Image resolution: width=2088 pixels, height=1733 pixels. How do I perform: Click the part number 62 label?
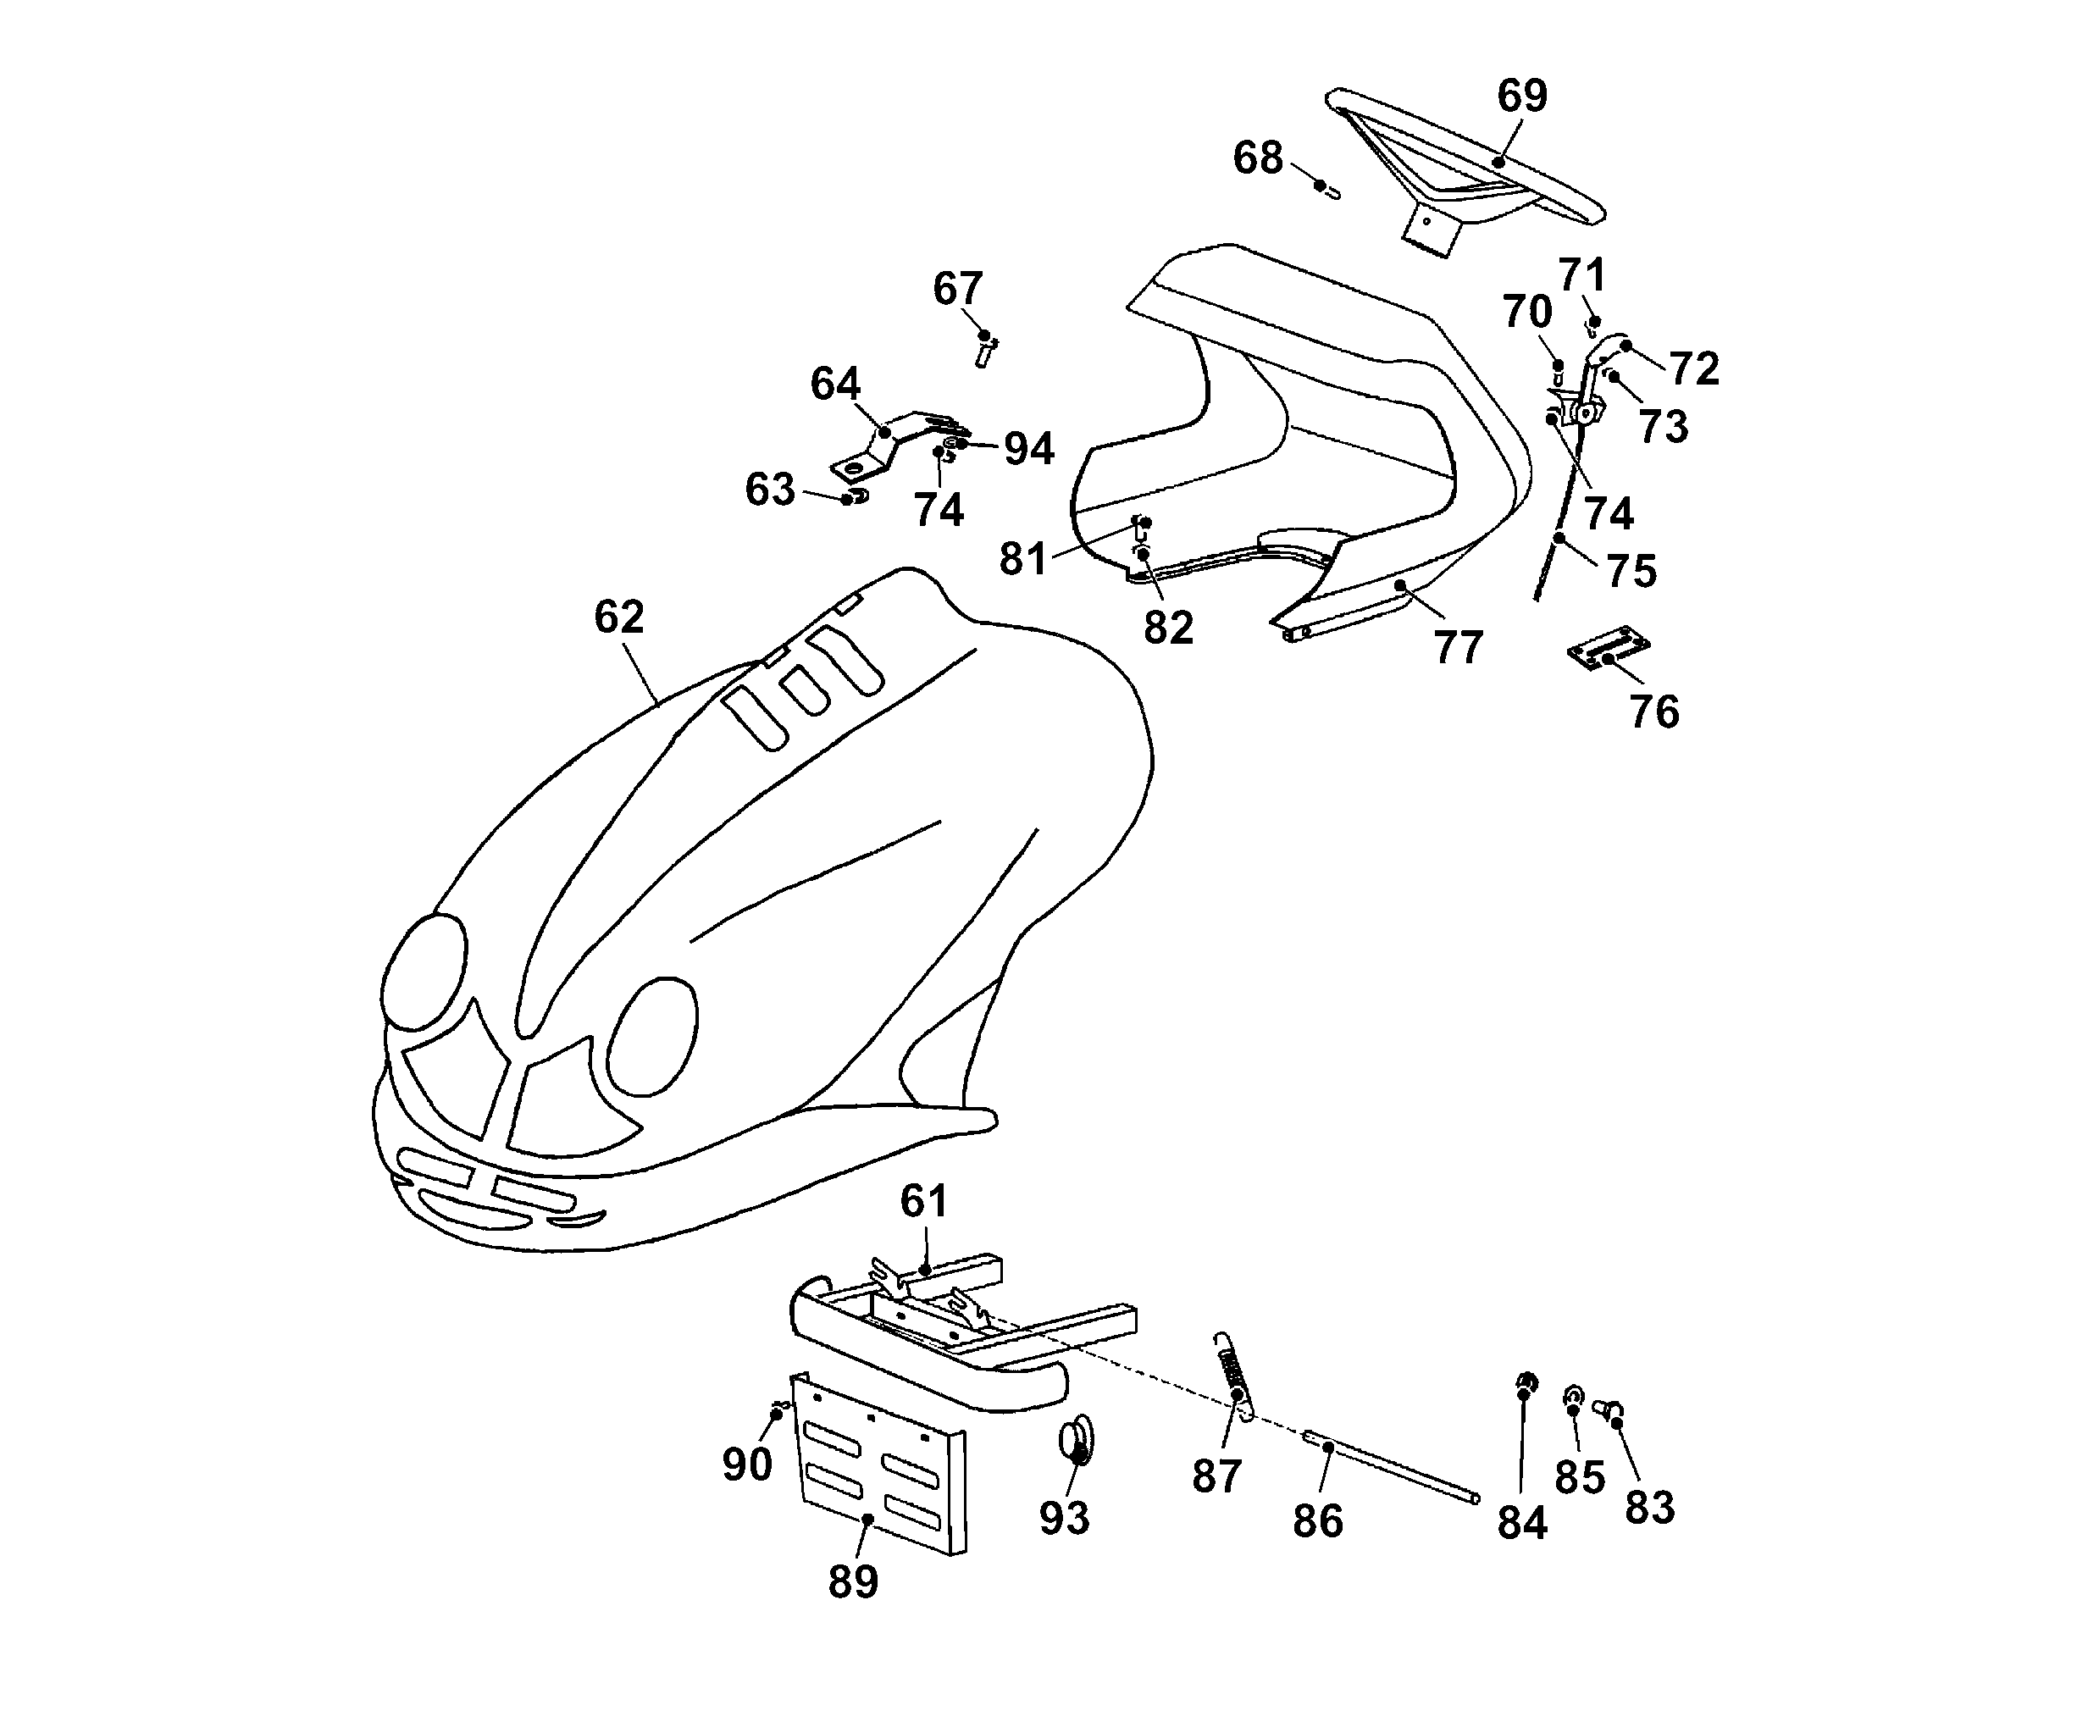(618, 617)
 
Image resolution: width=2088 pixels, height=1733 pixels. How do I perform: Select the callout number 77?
(1458, 648)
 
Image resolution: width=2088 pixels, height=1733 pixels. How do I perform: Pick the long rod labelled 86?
(1392, 1466)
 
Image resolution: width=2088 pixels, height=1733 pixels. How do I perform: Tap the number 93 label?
(1064, 1518)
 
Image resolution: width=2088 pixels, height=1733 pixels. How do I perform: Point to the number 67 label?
(957, 290)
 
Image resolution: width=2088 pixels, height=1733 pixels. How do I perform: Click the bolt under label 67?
(985, 350)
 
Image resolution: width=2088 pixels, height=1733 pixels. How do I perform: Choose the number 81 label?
(1023, 559)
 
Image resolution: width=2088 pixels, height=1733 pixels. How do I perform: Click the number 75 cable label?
(1631, 571)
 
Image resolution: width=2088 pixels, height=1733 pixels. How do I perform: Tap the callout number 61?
(923, 1201)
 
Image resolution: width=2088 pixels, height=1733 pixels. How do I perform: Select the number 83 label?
(1649, 1509)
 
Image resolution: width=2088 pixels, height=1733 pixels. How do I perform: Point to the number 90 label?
(747, 1464)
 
